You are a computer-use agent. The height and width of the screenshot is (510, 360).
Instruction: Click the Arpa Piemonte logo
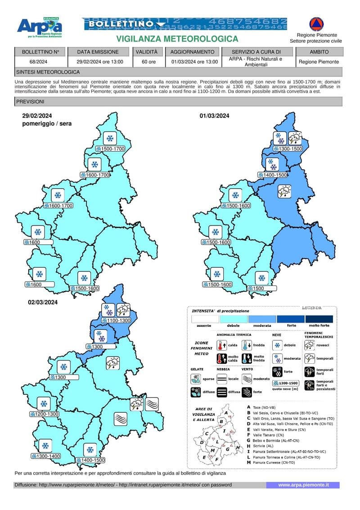coord(40,28)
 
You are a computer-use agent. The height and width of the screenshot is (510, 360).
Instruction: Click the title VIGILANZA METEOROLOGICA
coord(177,40)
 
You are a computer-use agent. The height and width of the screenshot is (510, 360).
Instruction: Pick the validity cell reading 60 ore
coord(148,62)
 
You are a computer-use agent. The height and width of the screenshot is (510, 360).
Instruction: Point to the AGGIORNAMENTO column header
coord(195,52)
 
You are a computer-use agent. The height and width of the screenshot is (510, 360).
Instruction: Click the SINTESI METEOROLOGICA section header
coord(48,72)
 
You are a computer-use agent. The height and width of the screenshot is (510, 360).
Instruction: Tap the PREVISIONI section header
coord(30,102)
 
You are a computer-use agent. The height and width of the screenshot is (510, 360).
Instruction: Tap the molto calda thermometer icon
coord(221,359)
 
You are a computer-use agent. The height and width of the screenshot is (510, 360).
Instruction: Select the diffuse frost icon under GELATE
coord(196,392)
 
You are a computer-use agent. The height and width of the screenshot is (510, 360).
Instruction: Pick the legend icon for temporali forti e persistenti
coord(309,385)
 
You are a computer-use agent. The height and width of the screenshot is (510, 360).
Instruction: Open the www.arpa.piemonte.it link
coord(303,485)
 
